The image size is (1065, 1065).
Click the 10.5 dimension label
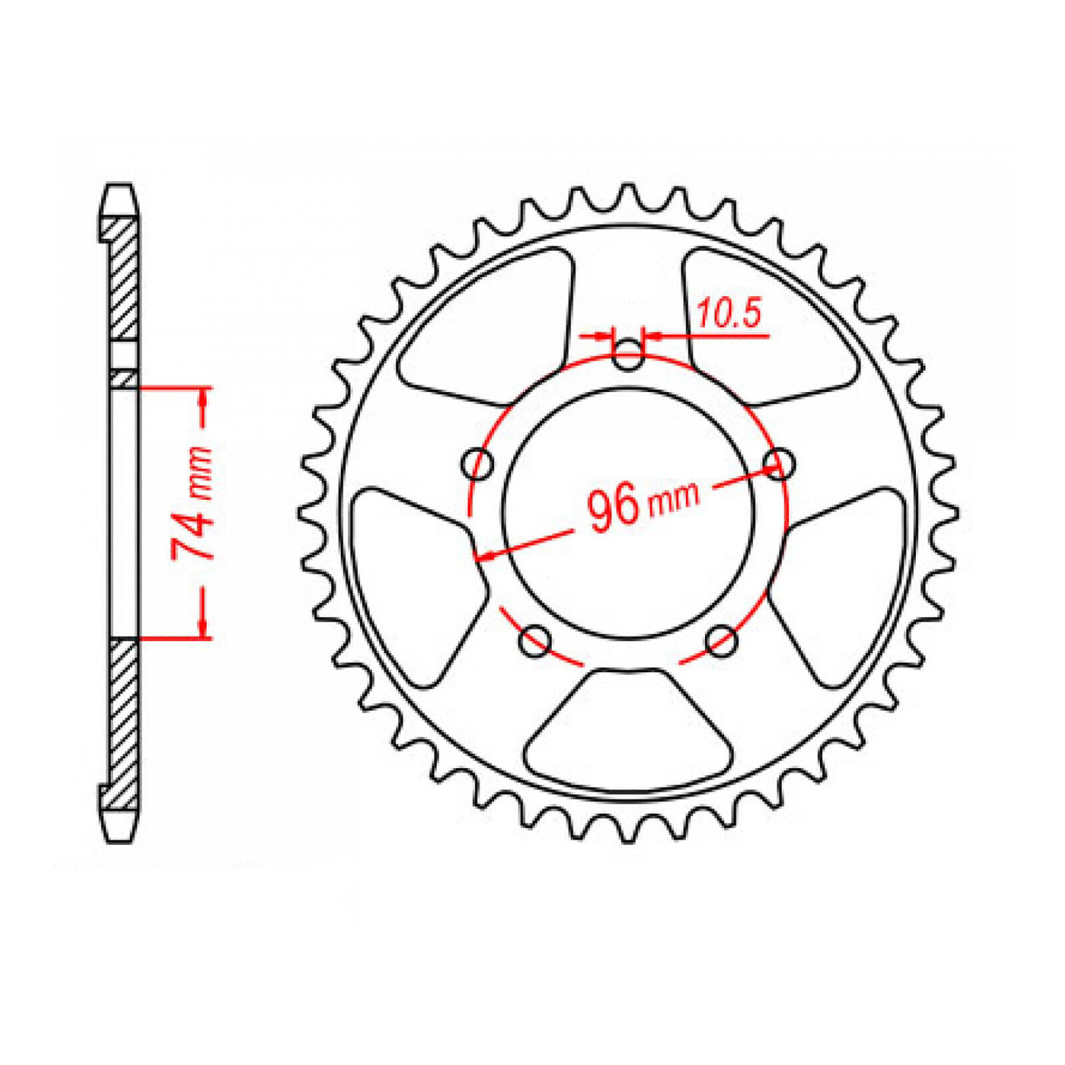click(728, 314)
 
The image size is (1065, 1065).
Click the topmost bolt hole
click(628, 355)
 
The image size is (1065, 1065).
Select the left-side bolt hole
click(478, 463)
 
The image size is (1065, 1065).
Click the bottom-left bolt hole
click(535, 641)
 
